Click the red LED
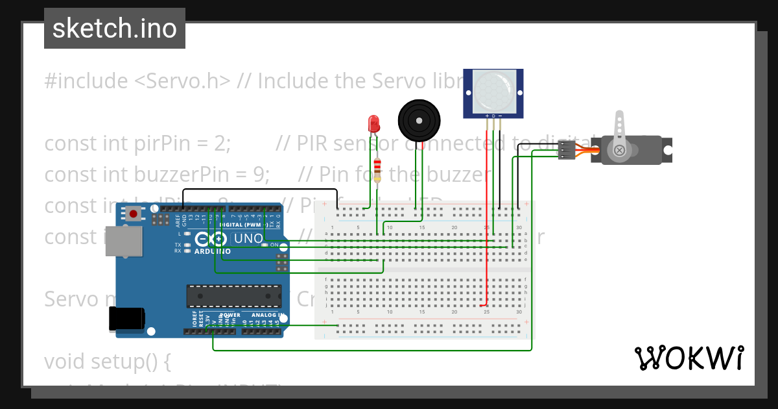373,123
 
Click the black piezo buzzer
418,119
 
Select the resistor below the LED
377,170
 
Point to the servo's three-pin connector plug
567,149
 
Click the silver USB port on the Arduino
124,241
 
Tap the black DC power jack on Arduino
126,318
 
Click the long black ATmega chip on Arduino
234,295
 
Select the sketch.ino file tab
115,29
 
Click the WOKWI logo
689,358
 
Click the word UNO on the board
248,238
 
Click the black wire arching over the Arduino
259,190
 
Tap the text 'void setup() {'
107,361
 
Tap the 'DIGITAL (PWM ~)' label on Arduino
241,225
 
